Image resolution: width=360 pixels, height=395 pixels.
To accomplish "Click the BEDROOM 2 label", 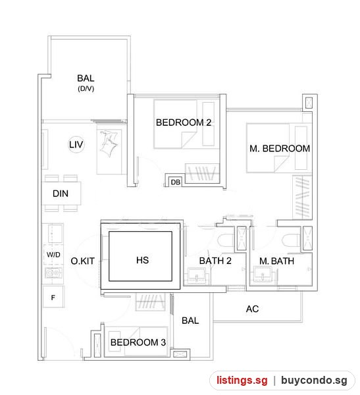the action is pyautogui.click(x=184, y=122).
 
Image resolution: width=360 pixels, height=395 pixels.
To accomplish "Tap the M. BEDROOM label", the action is pyautogui.click(x=280, y=148).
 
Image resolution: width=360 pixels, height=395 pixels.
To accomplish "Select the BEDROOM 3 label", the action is pyautogui.click(x=138, y=342).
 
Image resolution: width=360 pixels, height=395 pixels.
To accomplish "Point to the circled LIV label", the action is pyautogui.click(x=76, y=145).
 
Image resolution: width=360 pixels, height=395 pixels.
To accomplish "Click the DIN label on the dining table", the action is pyautogui.click(x=61, y=194).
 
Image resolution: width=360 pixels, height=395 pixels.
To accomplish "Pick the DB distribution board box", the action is pyautogui.click(x=175, y=182).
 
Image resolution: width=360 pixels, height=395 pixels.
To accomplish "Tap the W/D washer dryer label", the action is pyautogui.click(x=53, y=254).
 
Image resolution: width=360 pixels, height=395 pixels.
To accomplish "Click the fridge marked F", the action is pyautogui.click(x=53, y=298).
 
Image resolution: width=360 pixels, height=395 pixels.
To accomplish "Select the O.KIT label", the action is pyautogui.click(x=83, y=261).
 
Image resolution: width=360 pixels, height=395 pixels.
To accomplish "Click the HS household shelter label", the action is pyautogui.click(x=142, y=260).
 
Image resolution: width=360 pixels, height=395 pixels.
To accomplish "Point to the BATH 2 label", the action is pyautogui.click(x=215, y=261).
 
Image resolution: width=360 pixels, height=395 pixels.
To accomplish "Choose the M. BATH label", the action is pyautogui.click(x=276, y=261).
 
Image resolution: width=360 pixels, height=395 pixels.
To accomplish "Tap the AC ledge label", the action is pyautogui.click(x=252, y=309).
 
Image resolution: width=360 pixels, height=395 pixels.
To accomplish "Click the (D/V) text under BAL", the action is pyautogui.click(x=86, y=89).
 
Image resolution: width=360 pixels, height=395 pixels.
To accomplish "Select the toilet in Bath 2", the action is pyautogui.click(x=226, y=240).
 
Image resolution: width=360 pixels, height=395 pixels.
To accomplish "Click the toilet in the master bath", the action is pyautogui.click(x=291, y=240).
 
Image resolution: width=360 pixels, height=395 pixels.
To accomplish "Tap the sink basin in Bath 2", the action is pyautogui.click(x=197, y=275).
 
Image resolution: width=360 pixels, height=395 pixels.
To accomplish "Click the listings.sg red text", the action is pyautogui.click(x=242, y=380).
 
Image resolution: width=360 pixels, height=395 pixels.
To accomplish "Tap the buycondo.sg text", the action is pyautogui.click(x=314, y=380).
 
